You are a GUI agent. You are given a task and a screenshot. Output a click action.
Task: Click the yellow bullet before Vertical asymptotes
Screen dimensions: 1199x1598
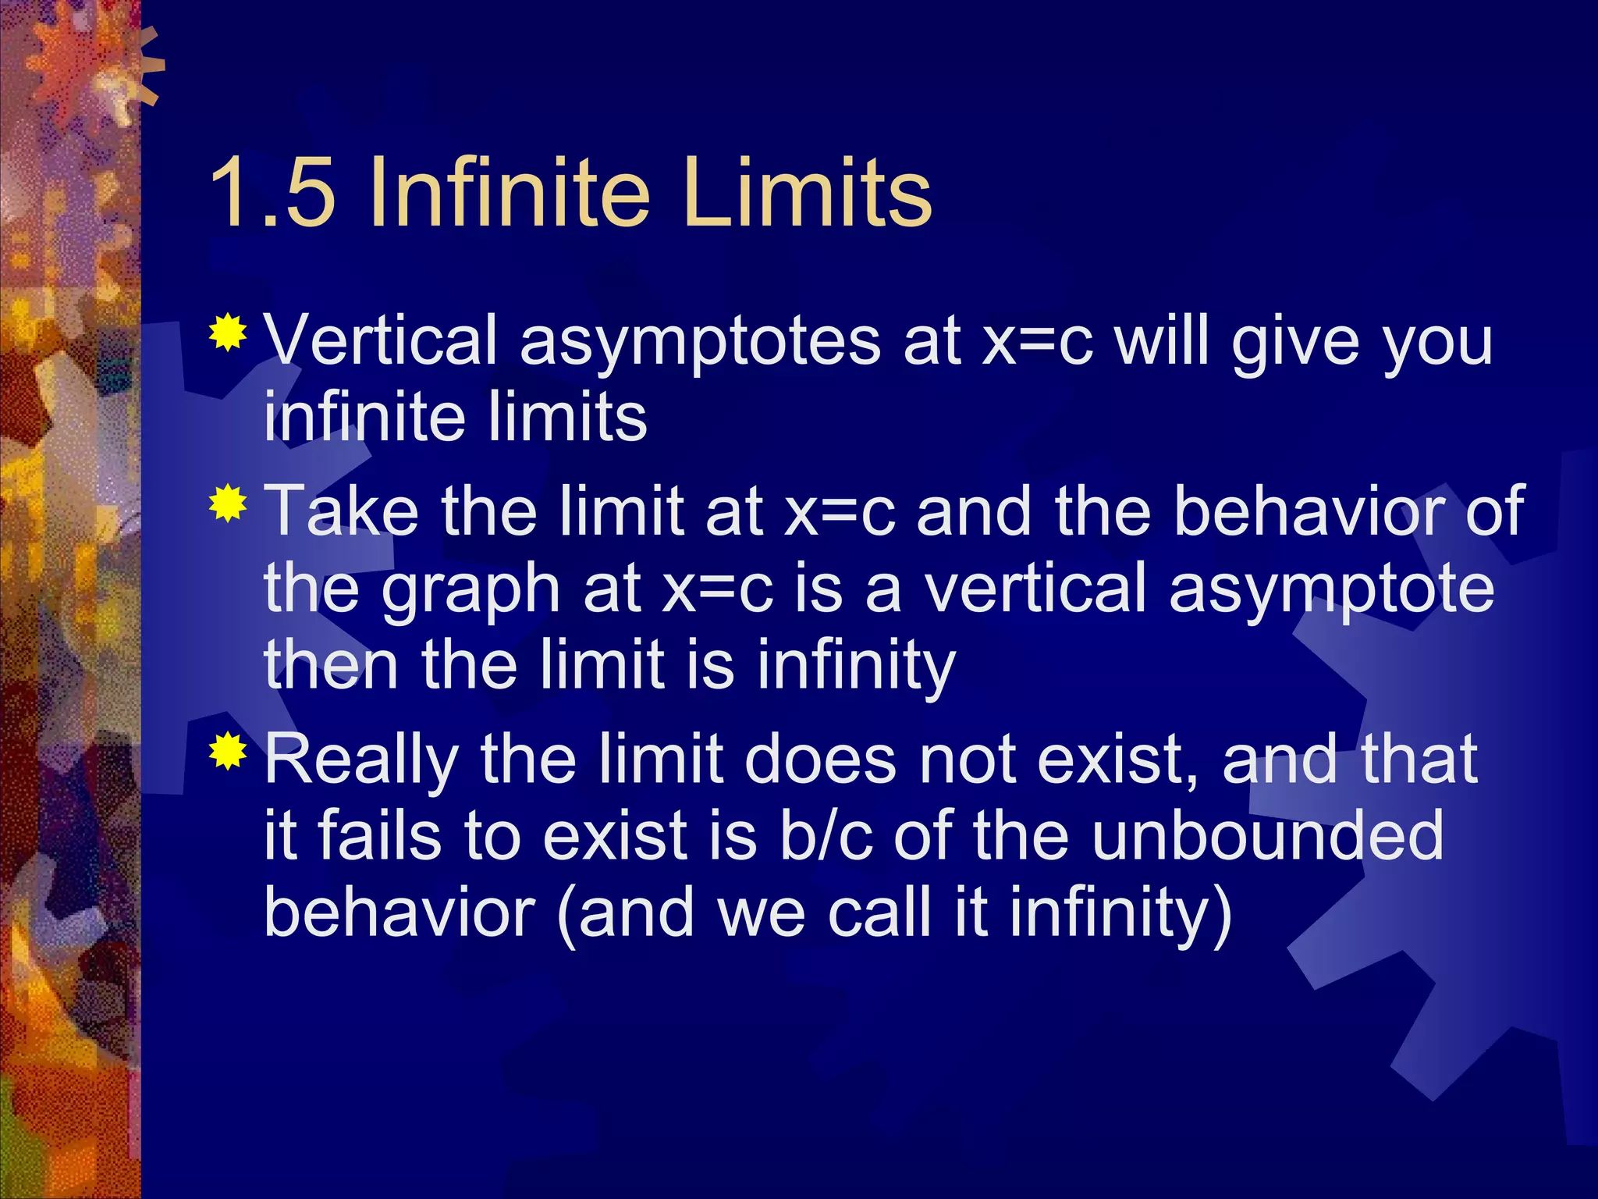tap(228, 333)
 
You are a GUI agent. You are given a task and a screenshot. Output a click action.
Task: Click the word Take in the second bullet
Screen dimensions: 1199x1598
tap(342, 511)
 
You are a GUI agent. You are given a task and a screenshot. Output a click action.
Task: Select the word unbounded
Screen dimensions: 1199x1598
tap(1267, 835)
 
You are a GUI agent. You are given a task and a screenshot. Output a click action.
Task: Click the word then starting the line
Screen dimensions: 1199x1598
tap(332, 665)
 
